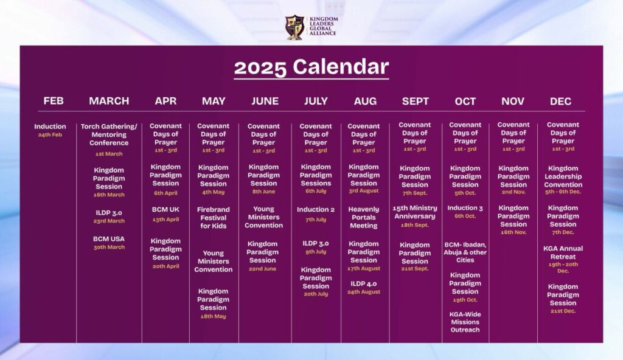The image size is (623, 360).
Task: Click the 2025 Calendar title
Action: tap(311, 67)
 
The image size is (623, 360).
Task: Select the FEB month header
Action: tap(54, 101)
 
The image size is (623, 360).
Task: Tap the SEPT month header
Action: tap(415, 102)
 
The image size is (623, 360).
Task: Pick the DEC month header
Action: tap(560, 102)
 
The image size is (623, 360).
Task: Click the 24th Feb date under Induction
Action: tap(50, 135)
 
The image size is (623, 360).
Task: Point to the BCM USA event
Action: tap(109, 239)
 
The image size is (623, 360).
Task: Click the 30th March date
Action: tap(109, 247)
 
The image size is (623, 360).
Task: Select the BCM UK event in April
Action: tap(165, 209)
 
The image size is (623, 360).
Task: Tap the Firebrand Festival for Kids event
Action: tap(214, 218)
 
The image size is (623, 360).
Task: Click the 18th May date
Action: tap(214, 316)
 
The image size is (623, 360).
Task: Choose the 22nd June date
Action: tap(263, 269)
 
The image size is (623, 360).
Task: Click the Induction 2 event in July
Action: tap(316, 209)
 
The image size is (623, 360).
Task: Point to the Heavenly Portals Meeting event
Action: tap(364, 217)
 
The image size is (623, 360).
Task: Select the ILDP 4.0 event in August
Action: tap(364, 284)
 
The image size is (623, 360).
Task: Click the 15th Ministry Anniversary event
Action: tap(415, 212)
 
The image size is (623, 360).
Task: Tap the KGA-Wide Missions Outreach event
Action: tap(465, 322)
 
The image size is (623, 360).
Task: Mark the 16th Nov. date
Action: tap(513, 232)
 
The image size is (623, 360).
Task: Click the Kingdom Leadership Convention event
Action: tap(563, 176)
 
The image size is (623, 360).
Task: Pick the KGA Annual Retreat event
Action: tap(563, 253)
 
